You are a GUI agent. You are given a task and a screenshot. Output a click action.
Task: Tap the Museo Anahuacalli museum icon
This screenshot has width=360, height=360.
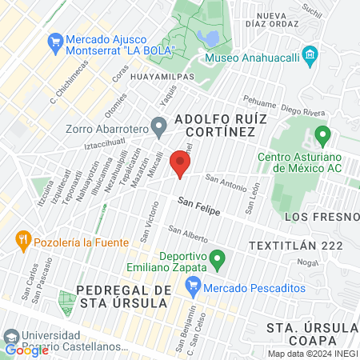pyautogui.click(x=310, y=57)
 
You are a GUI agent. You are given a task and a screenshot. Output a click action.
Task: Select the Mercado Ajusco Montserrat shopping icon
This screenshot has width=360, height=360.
pyautogui.click(x=55, y=40)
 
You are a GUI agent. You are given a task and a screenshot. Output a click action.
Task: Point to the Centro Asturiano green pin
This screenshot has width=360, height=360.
pyautogui.click(x=322, y=134)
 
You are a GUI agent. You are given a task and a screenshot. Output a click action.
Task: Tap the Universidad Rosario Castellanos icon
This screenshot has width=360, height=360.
pyautogui.click(x=10, y=336)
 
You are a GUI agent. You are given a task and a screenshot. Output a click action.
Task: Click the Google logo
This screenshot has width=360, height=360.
pyautogui.click(x=26, y=350)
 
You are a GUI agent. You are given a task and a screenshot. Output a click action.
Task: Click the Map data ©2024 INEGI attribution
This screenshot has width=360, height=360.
pyautogui.click(x=313, y=354)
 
